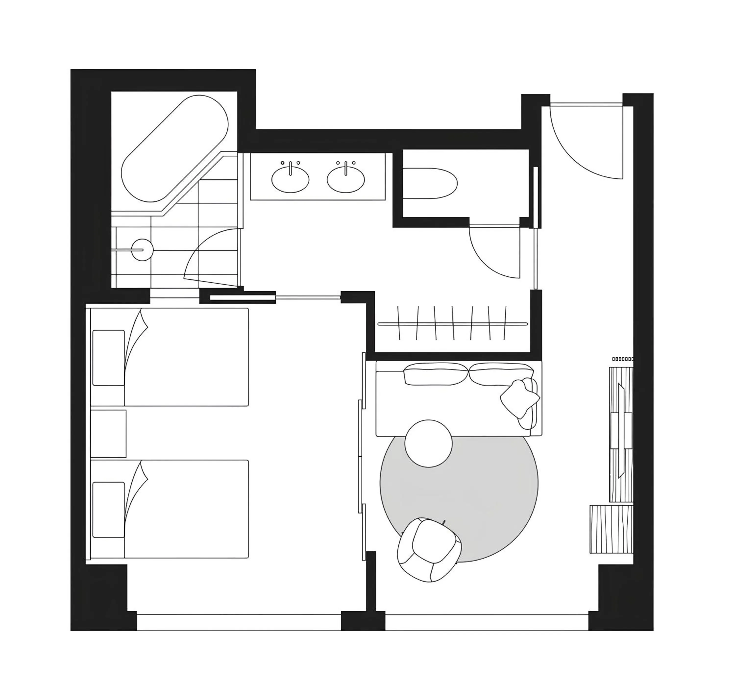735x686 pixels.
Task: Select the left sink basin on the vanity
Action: (290, 180)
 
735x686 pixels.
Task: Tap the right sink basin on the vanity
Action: (346, 180)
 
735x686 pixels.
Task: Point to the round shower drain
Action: (142, 250)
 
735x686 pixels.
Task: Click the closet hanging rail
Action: (453, 324)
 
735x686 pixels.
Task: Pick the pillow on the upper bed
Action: (108, 358)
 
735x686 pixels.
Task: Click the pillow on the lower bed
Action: (108, 510)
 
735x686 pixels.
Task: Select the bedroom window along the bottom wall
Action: (238, 622)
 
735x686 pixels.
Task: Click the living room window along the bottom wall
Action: (487, 622)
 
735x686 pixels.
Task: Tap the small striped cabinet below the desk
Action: (611, 529)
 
